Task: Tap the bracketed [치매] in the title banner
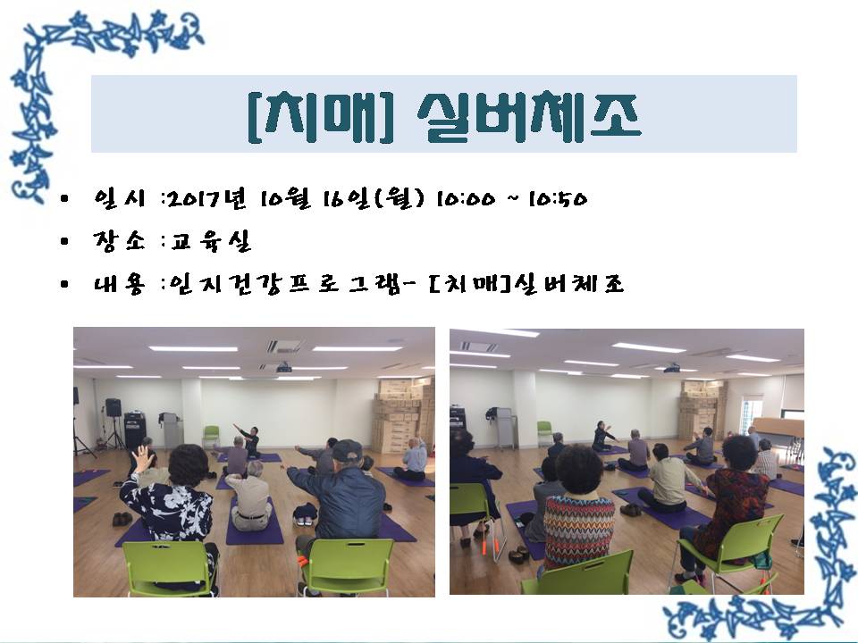pyautogui.click(x=321, y=117)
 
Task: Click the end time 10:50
pyautogui.click(x=558, y=199)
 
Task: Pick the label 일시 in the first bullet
pyautogui.click(x=119, y=198)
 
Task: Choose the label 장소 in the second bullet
pyautogui.click(x=119, y=240)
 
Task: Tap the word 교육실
pyautogui.click(x=210, y=241)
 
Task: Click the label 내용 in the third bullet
pyautogui.click(x=119, y=284)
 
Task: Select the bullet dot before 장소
pyautogui.click(x=64, y=241)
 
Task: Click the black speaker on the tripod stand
pyautogui.click(x=114, y=407)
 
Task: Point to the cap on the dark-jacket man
pyautogui.click(x=347, y=450)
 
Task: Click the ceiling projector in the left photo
pyautogui.click(x=284, y=368)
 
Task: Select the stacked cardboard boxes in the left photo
pyautogui.click(x=403, y=413)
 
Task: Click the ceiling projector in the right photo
pyautogui.click(x=672, y=368)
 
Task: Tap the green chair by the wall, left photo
pyautogui.click(x=211, y=437)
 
